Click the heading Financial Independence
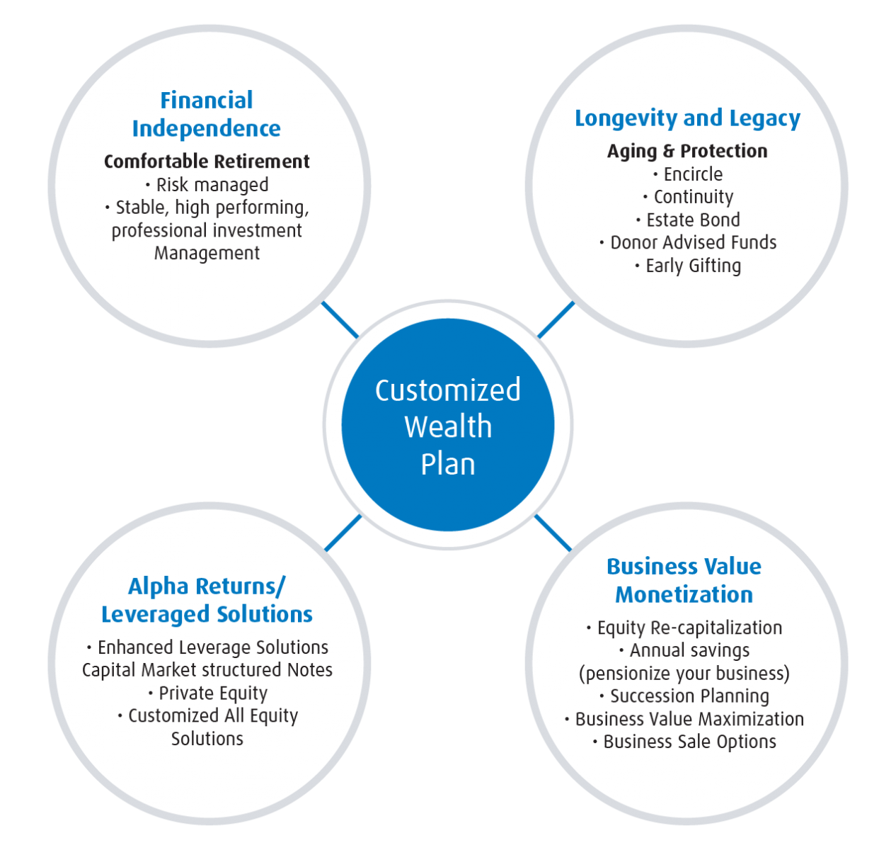pyautogui.click(x=207, y=114)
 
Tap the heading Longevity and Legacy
pyautogui.click(x=687, y=118)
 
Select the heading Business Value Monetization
pyautogui.click(x=684, y=580)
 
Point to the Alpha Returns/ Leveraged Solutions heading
pyautogui.click(x=207, y=600)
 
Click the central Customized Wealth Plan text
pyautogui.click(x=448, y=426)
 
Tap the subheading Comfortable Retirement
pyautogui.click(x=207, y=161)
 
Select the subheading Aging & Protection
pyautogui.click(x=687, y=151)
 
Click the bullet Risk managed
pyautogui.click(x=212, y=185)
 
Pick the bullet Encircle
pyautogui.click(x=692, y=174)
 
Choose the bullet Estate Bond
pyautogui.click(x=692, y=220)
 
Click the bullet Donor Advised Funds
pyautogui.click(x=692, y=242)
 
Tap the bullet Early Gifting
pyautogui.click(x=692, y=266)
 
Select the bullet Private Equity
pyautogui.click(x=212, y=693)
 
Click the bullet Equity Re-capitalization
pyautogui.click(x=689, y=628)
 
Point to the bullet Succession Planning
pyautogui.click(x=689, y=696)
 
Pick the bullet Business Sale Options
pyautogui.click(x=689, y=742)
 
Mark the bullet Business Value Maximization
pyautogui.click(x=689, y=719)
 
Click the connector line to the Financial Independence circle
pyautogui.click(x=340, y=320)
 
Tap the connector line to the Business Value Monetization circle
pyautogui.click(x=553, y=533)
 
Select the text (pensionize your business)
pyautogui.click(x=684, y=673)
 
